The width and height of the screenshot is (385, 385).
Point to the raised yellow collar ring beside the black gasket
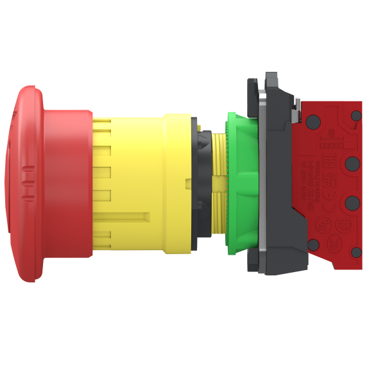(176, 182)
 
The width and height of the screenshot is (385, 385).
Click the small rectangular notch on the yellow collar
(187, 184)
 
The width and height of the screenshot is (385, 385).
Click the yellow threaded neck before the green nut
(219, 183)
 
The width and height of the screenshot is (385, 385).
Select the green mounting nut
(242, 183)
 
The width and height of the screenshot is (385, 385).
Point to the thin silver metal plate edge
(261, 183)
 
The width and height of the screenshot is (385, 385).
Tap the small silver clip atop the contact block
(295, 113)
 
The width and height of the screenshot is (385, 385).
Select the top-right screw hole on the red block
(356, 116)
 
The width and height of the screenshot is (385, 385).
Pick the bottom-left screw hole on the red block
(313, 244)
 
